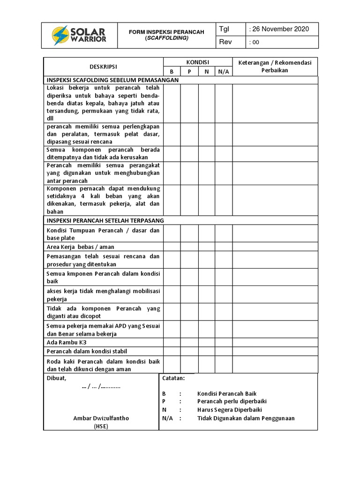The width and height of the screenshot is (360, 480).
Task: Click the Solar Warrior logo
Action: (x=79, y=35)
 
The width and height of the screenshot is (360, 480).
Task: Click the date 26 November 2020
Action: (x=280, y=29)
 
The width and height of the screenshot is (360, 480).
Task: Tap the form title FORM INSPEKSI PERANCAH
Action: (x=166, y=32)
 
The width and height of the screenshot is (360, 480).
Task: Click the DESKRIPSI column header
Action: (x=103, y=67)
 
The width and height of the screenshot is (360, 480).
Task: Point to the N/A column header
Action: (x=224, y=71)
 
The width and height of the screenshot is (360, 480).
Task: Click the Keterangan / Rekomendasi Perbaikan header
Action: (x=275, y=67)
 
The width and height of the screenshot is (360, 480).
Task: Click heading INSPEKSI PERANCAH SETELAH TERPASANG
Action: (x=105, y=220)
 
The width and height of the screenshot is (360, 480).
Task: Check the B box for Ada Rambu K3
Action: (x=172, y=343)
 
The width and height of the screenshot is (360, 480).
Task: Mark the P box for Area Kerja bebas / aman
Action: (x=189, y=247)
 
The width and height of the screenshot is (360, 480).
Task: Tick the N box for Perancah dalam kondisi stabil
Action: (x=206, y=351)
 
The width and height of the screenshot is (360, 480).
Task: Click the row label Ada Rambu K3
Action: (x=67, y=343)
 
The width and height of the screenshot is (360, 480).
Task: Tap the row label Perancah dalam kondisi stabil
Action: (x=87, y=351)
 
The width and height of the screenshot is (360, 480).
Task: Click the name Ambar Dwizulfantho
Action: (x=101, y=418)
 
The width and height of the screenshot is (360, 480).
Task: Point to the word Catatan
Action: (x=173, y=378)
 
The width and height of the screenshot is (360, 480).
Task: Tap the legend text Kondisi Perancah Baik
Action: (x=227, y=394)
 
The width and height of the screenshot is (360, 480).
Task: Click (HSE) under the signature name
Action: (x=101, y=426)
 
